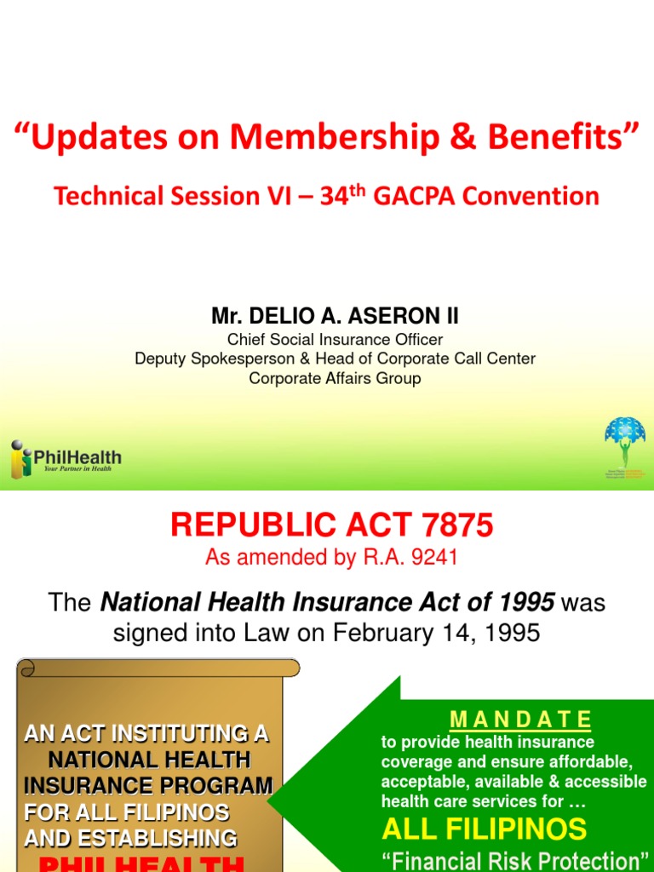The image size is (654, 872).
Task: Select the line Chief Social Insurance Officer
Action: pos(335,340)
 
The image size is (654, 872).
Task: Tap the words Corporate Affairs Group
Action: pos(335,378)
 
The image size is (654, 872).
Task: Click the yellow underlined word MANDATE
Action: pos(520,719)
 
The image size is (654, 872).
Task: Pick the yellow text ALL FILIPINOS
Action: pos(485,829)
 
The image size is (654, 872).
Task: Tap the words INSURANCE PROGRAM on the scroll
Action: pos(148,785)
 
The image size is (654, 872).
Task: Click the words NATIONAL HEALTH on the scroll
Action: pos(148,759)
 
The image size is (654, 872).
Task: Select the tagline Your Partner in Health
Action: pos(77,469)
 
